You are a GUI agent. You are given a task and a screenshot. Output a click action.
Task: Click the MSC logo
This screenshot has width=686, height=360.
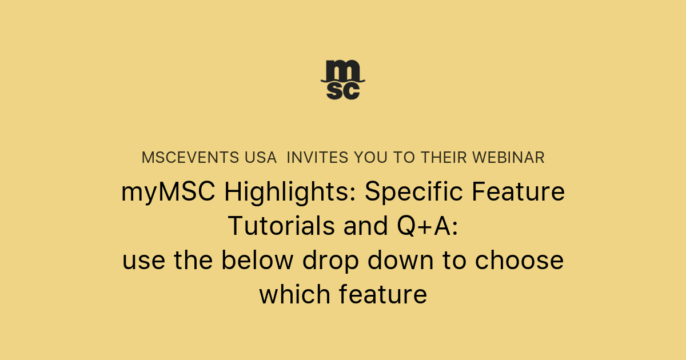tap(342, 79)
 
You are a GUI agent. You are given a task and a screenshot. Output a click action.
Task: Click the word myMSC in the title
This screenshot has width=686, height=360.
tap(168, 193)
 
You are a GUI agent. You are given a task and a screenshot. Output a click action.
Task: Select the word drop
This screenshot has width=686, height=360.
tap(331, 261)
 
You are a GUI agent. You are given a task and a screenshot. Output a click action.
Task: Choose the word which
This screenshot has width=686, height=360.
tap(294, 295)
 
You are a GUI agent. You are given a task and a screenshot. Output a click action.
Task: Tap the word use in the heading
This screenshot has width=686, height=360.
tap(143, 261)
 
